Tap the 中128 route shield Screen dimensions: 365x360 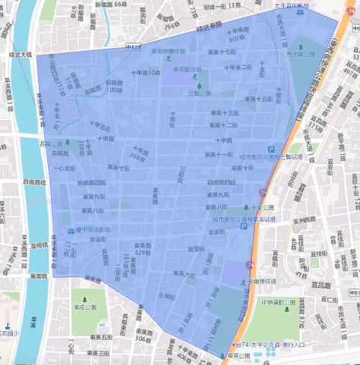132,48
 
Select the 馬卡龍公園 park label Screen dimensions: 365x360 320,53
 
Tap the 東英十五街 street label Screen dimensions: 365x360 258,99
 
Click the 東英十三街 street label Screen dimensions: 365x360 222,113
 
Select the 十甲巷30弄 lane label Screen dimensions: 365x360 145,72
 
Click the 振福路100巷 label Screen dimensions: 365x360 114,86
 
